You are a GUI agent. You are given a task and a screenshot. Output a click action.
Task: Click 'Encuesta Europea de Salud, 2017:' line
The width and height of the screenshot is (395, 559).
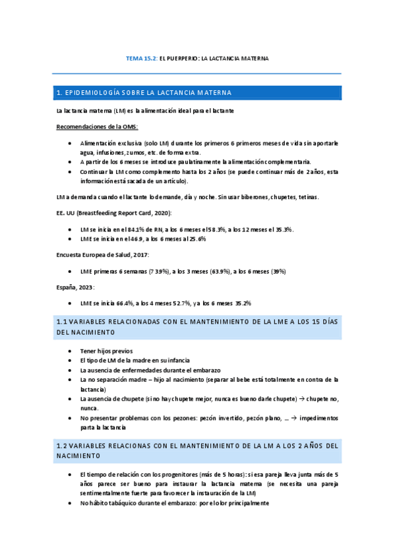click(x=102, y=254)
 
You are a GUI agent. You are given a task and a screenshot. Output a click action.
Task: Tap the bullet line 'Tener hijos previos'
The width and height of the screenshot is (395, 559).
click(x=106, y=351)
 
